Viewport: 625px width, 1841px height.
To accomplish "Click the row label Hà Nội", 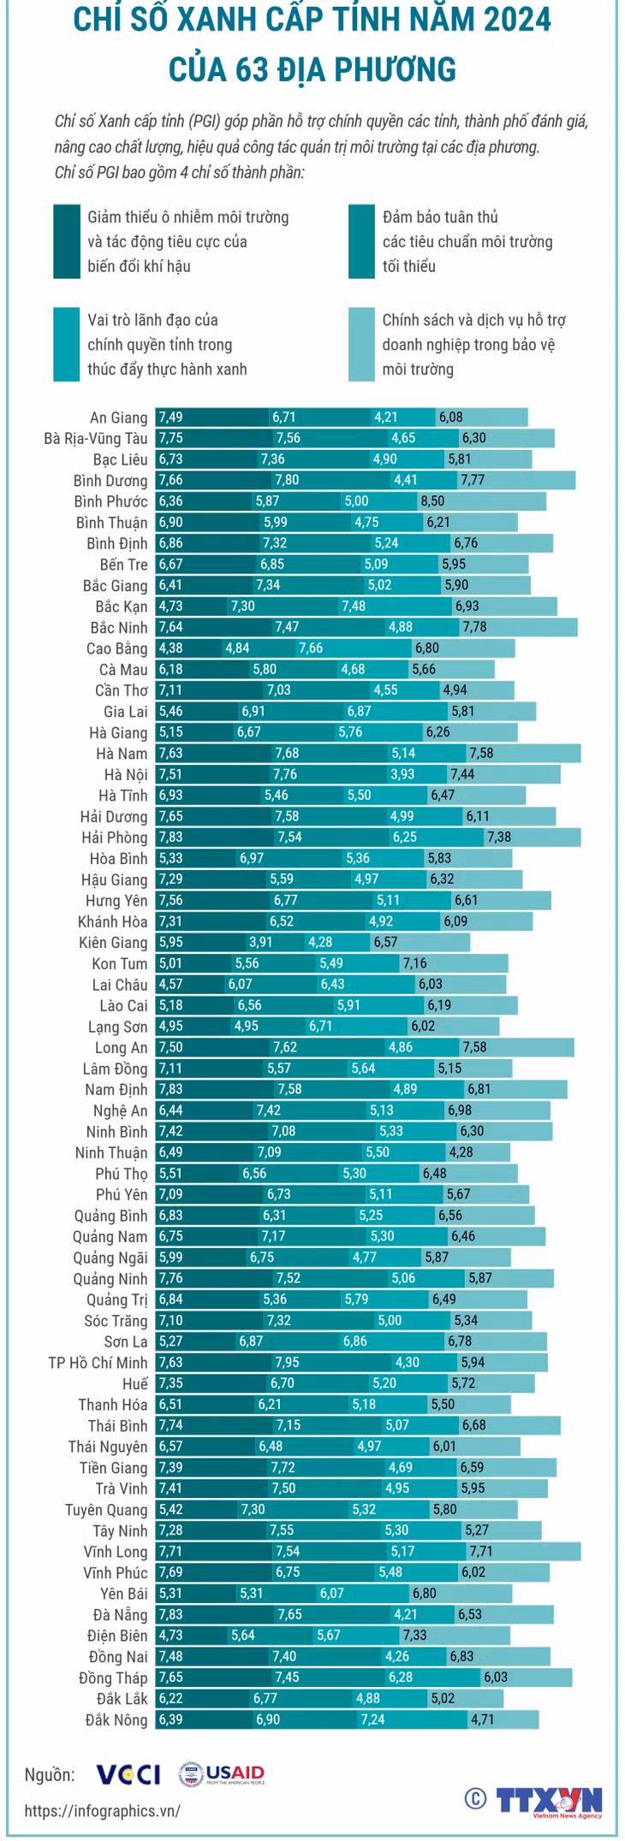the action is click(126, 774).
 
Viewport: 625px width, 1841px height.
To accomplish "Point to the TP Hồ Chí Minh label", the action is click(98, 1362).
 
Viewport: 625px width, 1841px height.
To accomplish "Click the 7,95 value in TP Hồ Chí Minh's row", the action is click(288, 1362).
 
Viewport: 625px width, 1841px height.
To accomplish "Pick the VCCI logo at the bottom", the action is click(128, 1774).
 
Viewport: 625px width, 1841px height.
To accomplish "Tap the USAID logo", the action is click(222, 1774).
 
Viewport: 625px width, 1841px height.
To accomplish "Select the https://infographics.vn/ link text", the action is click(102, 1810).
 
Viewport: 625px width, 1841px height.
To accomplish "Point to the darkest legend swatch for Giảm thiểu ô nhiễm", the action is click(67, 241).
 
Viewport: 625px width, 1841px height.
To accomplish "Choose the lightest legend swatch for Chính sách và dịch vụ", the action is click(361, 345).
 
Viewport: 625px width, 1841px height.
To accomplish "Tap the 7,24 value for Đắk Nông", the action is click(373, 1720).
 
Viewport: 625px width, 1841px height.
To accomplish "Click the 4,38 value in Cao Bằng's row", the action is click(171, 648).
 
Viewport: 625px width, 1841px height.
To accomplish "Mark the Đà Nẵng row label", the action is click(121, 1614).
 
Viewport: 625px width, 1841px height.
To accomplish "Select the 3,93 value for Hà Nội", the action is click(402, 774).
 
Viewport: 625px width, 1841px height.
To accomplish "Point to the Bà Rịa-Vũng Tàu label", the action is click(96, 438).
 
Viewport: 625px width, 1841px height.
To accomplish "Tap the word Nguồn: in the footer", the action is click(50, 1775).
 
